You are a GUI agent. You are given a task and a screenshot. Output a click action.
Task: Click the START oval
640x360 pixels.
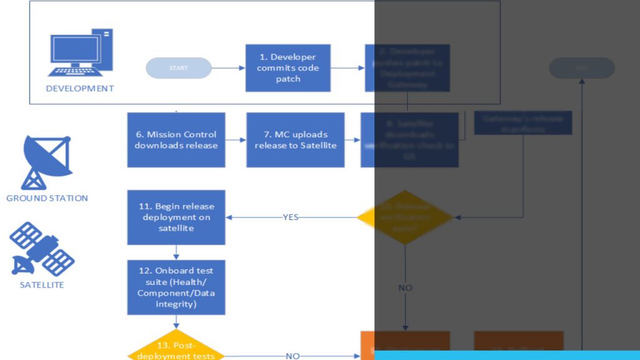click(x=178, y=68)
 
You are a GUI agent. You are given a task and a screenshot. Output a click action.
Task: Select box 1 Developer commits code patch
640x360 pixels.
click(x=287, y=68)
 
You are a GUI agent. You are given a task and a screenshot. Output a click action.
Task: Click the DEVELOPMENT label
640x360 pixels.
click(x=80, y=89)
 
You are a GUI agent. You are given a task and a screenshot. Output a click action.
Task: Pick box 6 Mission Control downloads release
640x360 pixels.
click(x=176, y=140)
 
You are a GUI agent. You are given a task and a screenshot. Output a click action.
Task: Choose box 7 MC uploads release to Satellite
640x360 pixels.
click(x=295, y=140)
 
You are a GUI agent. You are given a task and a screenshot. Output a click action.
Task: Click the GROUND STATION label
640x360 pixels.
click(x=47, y=198)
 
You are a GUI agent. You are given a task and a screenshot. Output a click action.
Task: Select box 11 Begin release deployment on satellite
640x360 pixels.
click(x=176, y=217)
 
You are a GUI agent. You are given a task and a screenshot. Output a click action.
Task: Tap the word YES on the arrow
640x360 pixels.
click(x=291, y=217)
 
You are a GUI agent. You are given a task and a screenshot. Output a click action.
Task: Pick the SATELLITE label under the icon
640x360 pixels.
click(x=42, y=285)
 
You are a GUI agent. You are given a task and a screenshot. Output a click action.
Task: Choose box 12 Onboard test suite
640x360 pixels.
click(x=176, y=287)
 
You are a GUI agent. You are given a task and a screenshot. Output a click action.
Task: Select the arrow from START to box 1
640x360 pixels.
click(x=228, y=68)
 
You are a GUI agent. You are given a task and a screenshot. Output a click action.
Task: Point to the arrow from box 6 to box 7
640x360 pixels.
click(x=236, y=140)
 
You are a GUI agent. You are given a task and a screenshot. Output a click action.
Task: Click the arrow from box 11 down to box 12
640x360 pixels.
click(x=176, y=252)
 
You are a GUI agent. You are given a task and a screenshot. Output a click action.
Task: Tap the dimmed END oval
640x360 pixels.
click(x=582, y=68)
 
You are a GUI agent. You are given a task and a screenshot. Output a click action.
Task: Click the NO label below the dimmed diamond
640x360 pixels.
click(x=405, y=288)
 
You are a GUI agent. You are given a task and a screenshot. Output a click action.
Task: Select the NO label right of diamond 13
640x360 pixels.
click(x=292, y=356)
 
